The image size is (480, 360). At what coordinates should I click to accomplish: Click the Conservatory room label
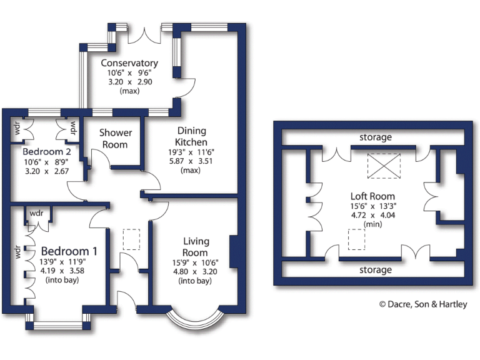tap(129, 63)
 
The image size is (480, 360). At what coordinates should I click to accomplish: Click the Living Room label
tap(196, 246)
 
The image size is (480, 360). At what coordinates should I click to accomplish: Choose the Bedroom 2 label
tap(42, 152)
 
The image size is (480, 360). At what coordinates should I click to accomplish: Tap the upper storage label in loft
tap(375, 137)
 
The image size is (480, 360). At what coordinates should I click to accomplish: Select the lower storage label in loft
tap(375, 270)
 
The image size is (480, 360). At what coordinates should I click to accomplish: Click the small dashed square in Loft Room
tap(356, 239)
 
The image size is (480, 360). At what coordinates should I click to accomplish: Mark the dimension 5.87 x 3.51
tap(191, 160)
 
